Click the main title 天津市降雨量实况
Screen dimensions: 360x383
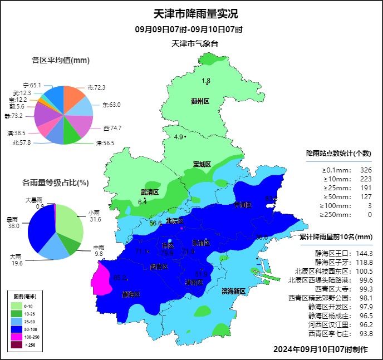tap(191, 14)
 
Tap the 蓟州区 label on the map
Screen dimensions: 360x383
tap(200, 101)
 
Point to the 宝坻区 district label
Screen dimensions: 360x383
tap(202, 164)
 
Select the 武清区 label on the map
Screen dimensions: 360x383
tap(149, 192)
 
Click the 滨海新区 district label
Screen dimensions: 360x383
tap(233, 291)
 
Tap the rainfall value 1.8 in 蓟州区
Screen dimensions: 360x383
tap(206, 81)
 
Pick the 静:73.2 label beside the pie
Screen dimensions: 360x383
tap(13, 116)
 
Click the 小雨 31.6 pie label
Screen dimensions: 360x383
tap(95, 216)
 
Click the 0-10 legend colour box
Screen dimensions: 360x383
tap(18, 305)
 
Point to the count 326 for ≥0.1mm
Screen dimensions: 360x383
tap(366, 170)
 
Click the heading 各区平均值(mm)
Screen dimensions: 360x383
tap(61, 60)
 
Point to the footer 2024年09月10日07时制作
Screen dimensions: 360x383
tap(320, 349)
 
